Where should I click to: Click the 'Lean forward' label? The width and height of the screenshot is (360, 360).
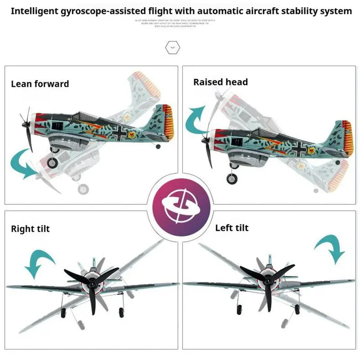(x=40, y=84)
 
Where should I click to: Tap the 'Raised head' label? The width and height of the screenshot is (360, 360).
(x=220, y=82)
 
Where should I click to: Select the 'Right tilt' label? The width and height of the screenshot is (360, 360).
(x=30, y=229)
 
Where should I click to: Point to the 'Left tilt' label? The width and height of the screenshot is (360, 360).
(x=232, y=228)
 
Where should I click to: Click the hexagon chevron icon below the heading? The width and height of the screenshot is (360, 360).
(x=172, y=47)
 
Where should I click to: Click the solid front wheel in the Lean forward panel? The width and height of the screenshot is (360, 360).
(x=53, y=163)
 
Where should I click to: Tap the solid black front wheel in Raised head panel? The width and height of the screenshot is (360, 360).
(x=231, y=179)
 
